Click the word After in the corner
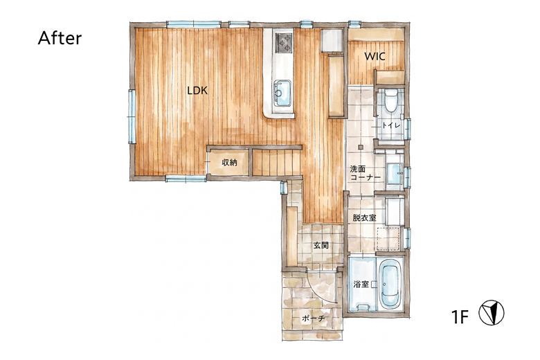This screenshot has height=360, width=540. [x=60, y=38]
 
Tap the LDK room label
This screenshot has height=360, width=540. [x=197, y=91]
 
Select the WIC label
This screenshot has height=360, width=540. [x=375, y=56]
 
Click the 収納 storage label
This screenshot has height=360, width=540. [x=229, y=162]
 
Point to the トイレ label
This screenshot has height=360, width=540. [x=391, y=125]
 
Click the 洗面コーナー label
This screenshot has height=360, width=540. [x=365, y=173]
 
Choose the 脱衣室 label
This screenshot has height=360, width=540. [x=364, y=217]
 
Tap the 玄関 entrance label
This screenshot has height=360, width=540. [x=321, y=245]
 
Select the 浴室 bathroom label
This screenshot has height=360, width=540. [x=361, y=285]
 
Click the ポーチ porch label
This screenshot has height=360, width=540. [x=314, y=318]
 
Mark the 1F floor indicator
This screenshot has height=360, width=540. [x=460, y=316]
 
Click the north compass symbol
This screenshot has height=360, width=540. [x=492, y=312]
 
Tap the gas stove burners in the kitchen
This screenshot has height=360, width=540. [x=283, y=43]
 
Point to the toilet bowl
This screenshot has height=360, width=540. [x=390, y=100]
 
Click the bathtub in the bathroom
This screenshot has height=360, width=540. [x=390, y=285]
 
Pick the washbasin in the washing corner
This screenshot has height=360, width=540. [x=394, y=173]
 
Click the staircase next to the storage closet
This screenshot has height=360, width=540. [x=276, y=163]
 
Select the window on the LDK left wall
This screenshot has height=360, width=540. [x=132, y=116]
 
